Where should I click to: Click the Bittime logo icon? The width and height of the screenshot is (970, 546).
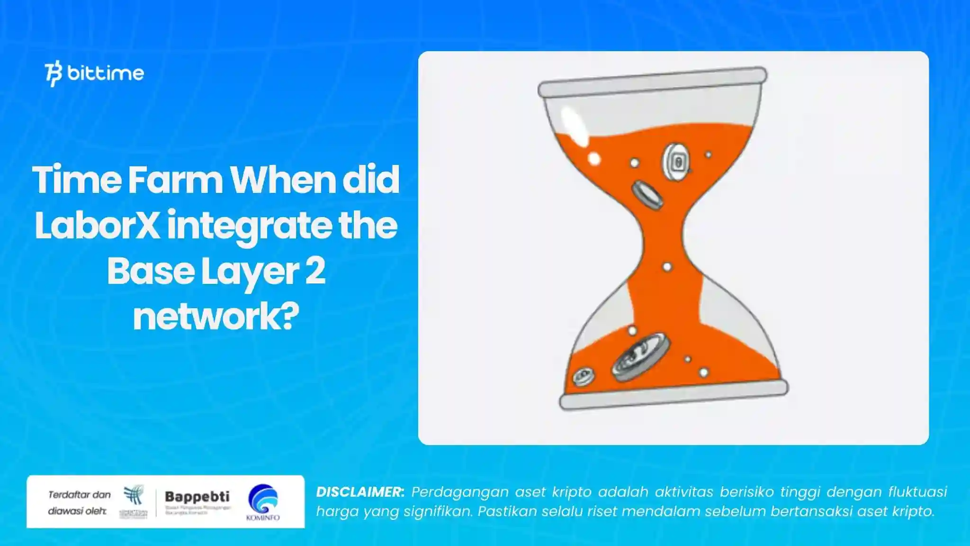54,74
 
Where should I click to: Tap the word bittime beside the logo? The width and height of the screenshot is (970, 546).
106,73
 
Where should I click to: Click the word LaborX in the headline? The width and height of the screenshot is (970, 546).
97,226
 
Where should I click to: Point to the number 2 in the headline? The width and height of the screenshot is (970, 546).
315,271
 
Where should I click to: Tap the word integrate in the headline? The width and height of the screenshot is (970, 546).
249,227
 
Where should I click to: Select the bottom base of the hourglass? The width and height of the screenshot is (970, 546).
674,395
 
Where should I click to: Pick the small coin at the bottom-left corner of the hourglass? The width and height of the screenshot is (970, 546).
583,377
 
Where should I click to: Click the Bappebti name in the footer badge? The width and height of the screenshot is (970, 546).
197,497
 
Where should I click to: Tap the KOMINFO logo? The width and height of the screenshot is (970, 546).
263,502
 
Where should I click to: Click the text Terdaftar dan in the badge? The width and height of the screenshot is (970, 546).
79,495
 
